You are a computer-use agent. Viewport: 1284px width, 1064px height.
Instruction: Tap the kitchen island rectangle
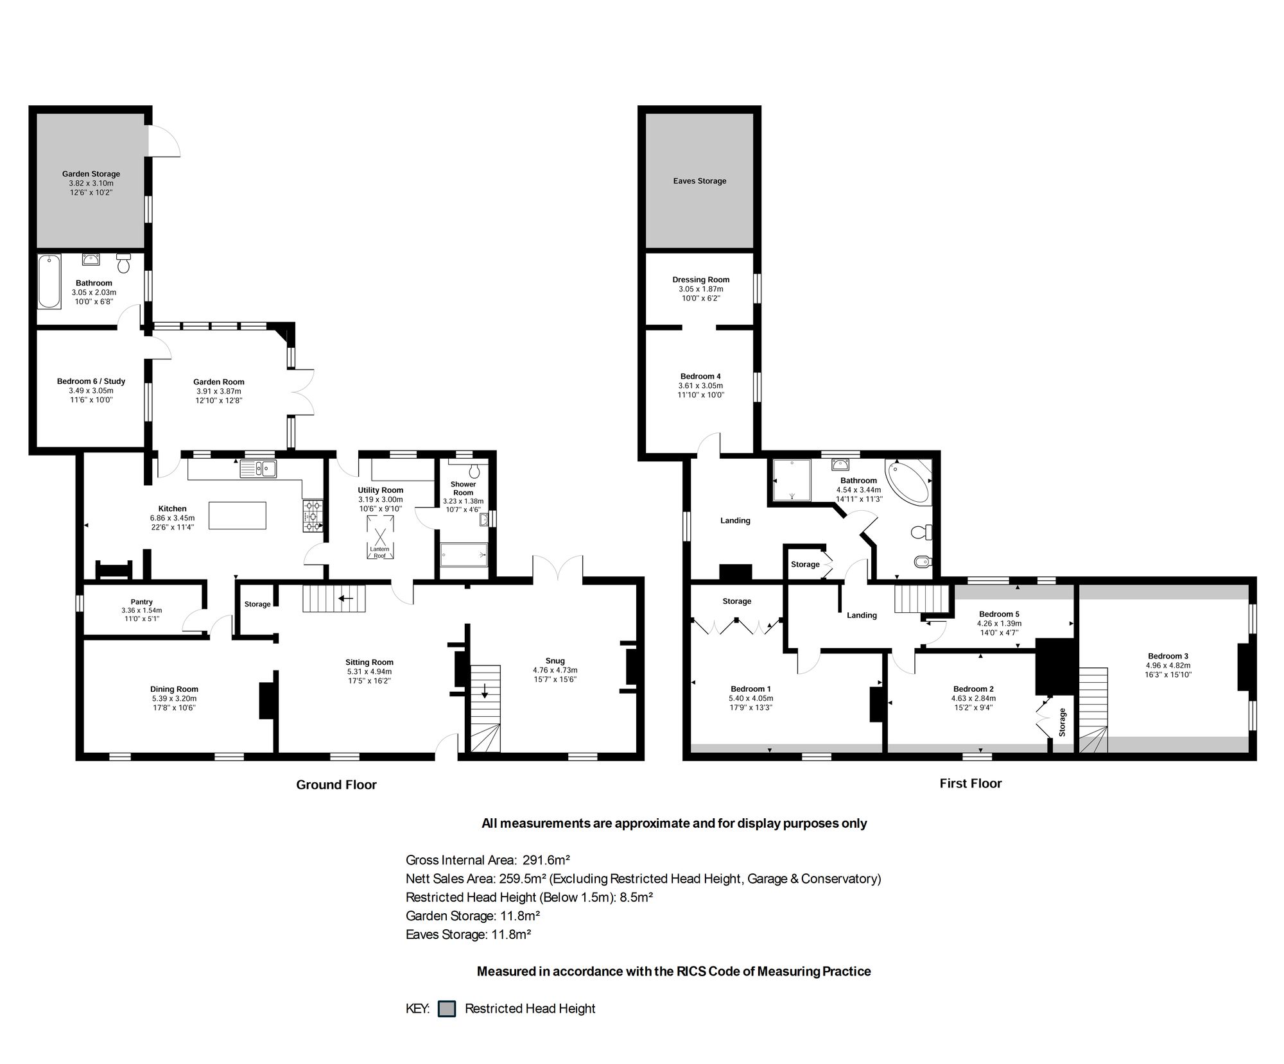[x=238, y=515]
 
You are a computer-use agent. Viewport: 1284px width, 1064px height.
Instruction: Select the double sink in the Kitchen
[x=258, y=469]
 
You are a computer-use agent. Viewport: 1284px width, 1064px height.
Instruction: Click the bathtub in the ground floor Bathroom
[x=49, y=282]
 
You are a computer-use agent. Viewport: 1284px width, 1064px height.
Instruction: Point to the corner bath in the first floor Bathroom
[x=907, y=481]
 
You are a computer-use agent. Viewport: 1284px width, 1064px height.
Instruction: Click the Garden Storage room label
[x=91, y=174]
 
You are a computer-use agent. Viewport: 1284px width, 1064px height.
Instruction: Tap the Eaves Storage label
[x=700, y=181]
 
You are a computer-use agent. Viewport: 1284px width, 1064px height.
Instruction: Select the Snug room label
[x=555, y=661]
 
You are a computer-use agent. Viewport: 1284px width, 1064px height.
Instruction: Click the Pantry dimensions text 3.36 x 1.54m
[x=142, y=610]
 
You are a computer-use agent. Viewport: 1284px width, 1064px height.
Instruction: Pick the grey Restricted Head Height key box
[x=447, y=1008]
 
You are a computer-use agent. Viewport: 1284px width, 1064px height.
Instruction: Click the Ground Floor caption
[x=336, y=785]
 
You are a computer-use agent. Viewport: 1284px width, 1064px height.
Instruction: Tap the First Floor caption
[x=971, y=784]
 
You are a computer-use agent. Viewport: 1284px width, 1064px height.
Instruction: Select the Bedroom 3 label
[x=1168, y=656]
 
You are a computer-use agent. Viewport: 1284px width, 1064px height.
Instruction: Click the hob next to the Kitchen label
[x=313, y=516]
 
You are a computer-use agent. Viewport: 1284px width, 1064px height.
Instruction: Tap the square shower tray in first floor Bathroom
[x=792, y=479]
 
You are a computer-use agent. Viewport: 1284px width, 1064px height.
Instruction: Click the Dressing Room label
[x=701, y=280]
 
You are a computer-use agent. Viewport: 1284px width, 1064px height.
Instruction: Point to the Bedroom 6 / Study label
[x=91, y=381]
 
